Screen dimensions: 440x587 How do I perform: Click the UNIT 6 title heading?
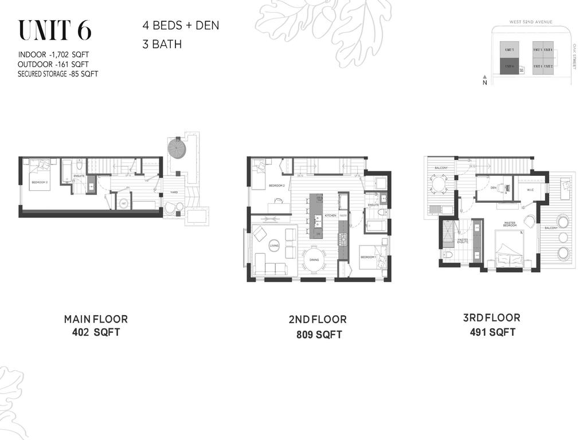54,31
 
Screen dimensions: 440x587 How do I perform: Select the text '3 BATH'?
162,44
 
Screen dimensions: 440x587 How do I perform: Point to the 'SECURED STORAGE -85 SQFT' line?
58,74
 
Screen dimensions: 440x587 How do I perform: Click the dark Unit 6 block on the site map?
509,66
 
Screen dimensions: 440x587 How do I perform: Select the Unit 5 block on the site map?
509,50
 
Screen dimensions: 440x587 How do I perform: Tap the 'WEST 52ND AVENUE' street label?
531,22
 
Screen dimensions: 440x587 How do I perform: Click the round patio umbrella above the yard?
178,148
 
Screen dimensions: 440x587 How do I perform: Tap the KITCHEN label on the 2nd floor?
331,215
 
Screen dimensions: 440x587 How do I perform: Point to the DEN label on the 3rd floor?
493,187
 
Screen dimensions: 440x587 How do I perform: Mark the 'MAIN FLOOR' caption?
96,319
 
